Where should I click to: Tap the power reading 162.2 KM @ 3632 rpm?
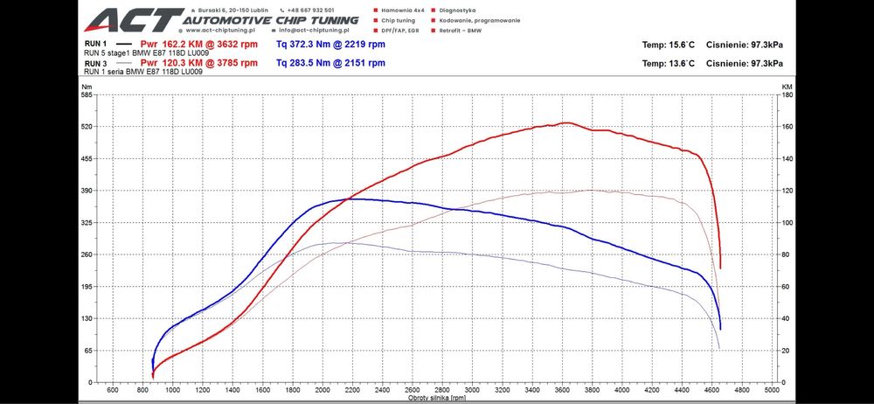199,43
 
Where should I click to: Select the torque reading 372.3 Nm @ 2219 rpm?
330,43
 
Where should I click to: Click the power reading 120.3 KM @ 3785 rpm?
199,63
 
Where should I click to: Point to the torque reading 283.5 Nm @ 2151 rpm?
330,63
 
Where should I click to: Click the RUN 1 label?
95,43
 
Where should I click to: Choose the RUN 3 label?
95,63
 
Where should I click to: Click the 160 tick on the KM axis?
787,127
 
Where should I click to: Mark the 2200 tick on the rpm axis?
353,389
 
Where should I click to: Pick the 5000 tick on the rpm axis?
771,389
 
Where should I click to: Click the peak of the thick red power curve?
566,123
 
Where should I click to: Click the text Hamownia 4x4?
405,10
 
